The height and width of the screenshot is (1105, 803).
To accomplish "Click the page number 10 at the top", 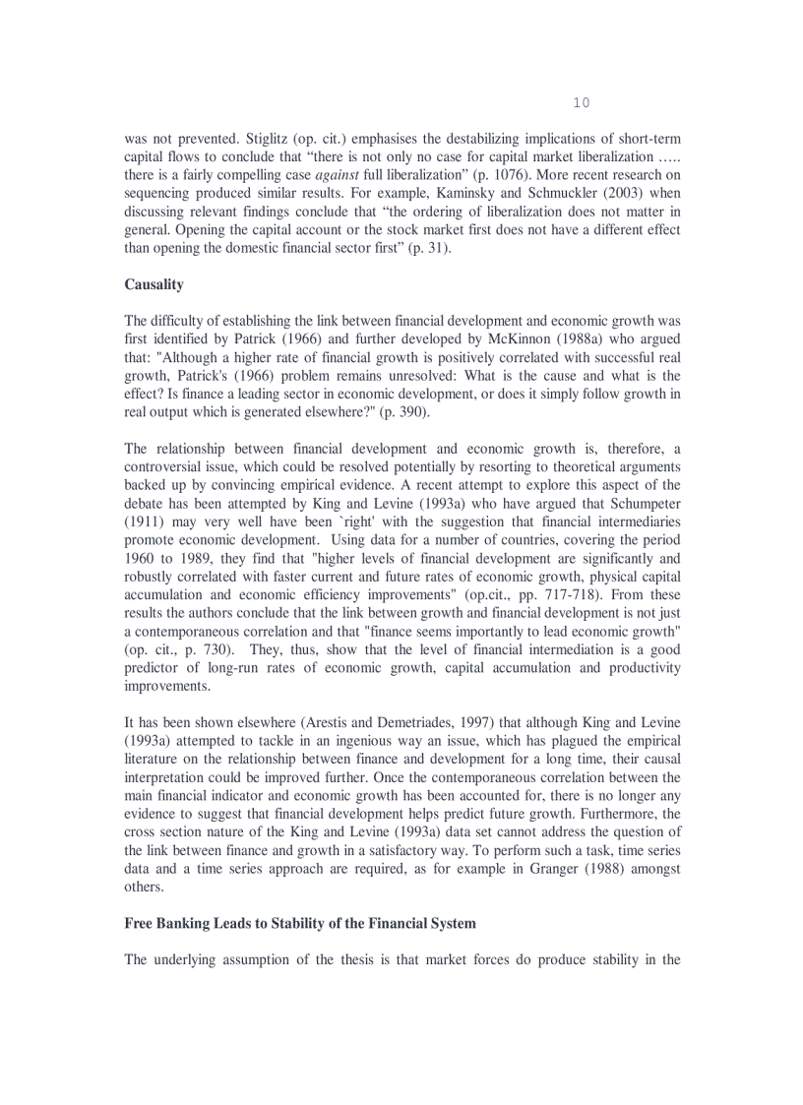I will [x=581, y=103].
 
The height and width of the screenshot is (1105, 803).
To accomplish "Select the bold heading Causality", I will [x=154, y=284].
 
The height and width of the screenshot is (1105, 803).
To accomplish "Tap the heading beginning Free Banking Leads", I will [x=299, y=923].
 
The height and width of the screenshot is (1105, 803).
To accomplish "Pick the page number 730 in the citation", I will [x=213, y=649].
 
